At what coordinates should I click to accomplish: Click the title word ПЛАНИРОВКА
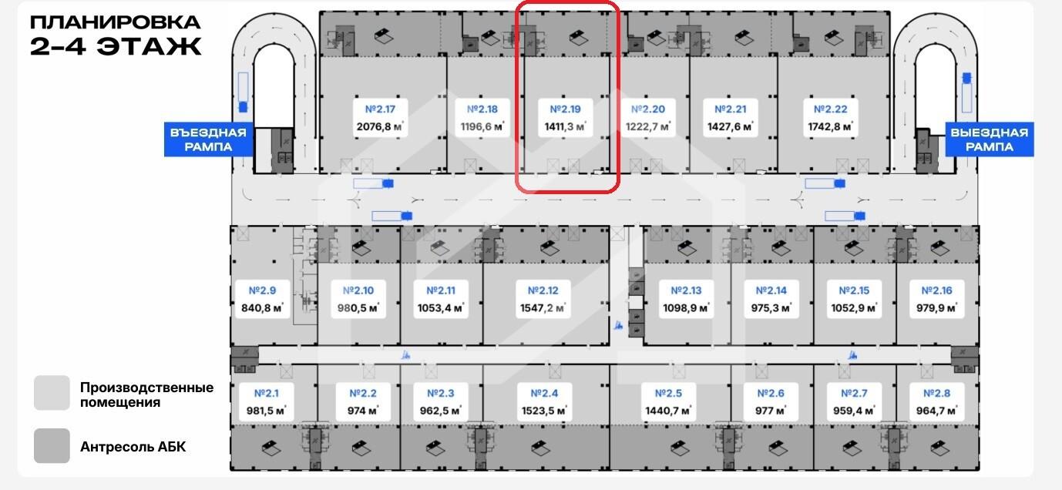coord(116,22)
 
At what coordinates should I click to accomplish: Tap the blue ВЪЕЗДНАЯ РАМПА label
coord(209,139)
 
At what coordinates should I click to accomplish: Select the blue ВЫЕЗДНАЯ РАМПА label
coord(988,139)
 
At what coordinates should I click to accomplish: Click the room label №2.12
coord(543,290)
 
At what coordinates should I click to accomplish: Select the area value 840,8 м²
coord(262,307)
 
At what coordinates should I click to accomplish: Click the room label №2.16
coord(936,290)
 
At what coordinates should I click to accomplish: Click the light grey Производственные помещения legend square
coord(52,394)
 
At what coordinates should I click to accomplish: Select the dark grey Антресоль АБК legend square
coord(52,446)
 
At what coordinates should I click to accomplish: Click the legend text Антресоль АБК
coord(133,447)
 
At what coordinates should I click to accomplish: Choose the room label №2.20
coord(647,109)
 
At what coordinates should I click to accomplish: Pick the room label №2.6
coord(770,394)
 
